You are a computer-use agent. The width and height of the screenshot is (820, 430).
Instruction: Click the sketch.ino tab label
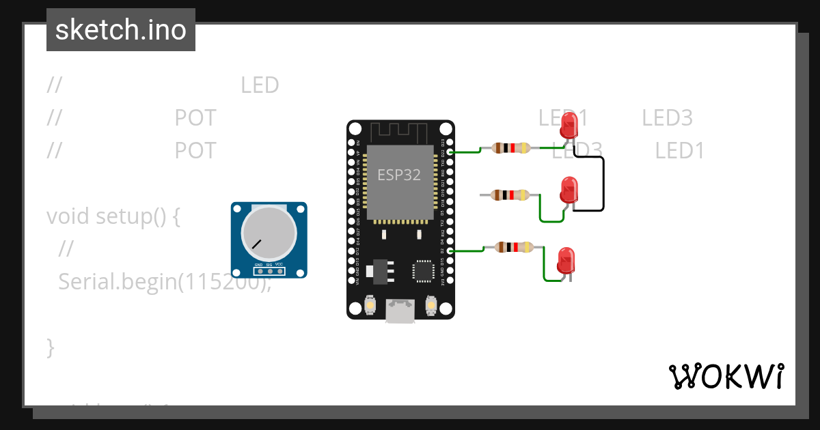point(121,30)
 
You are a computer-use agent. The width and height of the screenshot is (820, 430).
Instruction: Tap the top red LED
point(569,126)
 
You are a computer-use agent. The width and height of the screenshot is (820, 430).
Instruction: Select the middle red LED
point(569,189)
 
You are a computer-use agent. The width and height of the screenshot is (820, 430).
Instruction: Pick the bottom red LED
point(566,260)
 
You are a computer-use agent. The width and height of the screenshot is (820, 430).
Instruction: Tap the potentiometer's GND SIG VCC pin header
point(269,271)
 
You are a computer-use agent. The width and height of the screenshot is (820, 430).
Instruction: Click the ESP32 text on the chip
point(399,175)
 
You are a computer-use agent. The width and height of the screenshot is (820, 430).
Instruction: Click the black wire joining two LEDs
point(603,183)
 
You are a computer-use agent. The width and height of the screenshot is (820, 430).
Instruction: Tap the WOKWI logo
point(726,376)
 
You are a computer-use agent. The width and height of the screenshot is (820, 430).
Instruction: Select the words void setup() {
point(113,216)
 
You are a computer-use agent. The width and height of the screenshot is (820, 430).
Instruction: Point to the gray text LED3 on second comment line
point(667,118)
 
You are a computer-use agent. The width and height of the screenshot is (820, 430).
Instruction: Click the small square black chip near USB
point(423,270)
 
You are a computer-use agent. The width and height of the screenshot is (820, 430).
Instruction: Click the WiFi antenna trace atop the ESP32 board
point(400,131)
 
